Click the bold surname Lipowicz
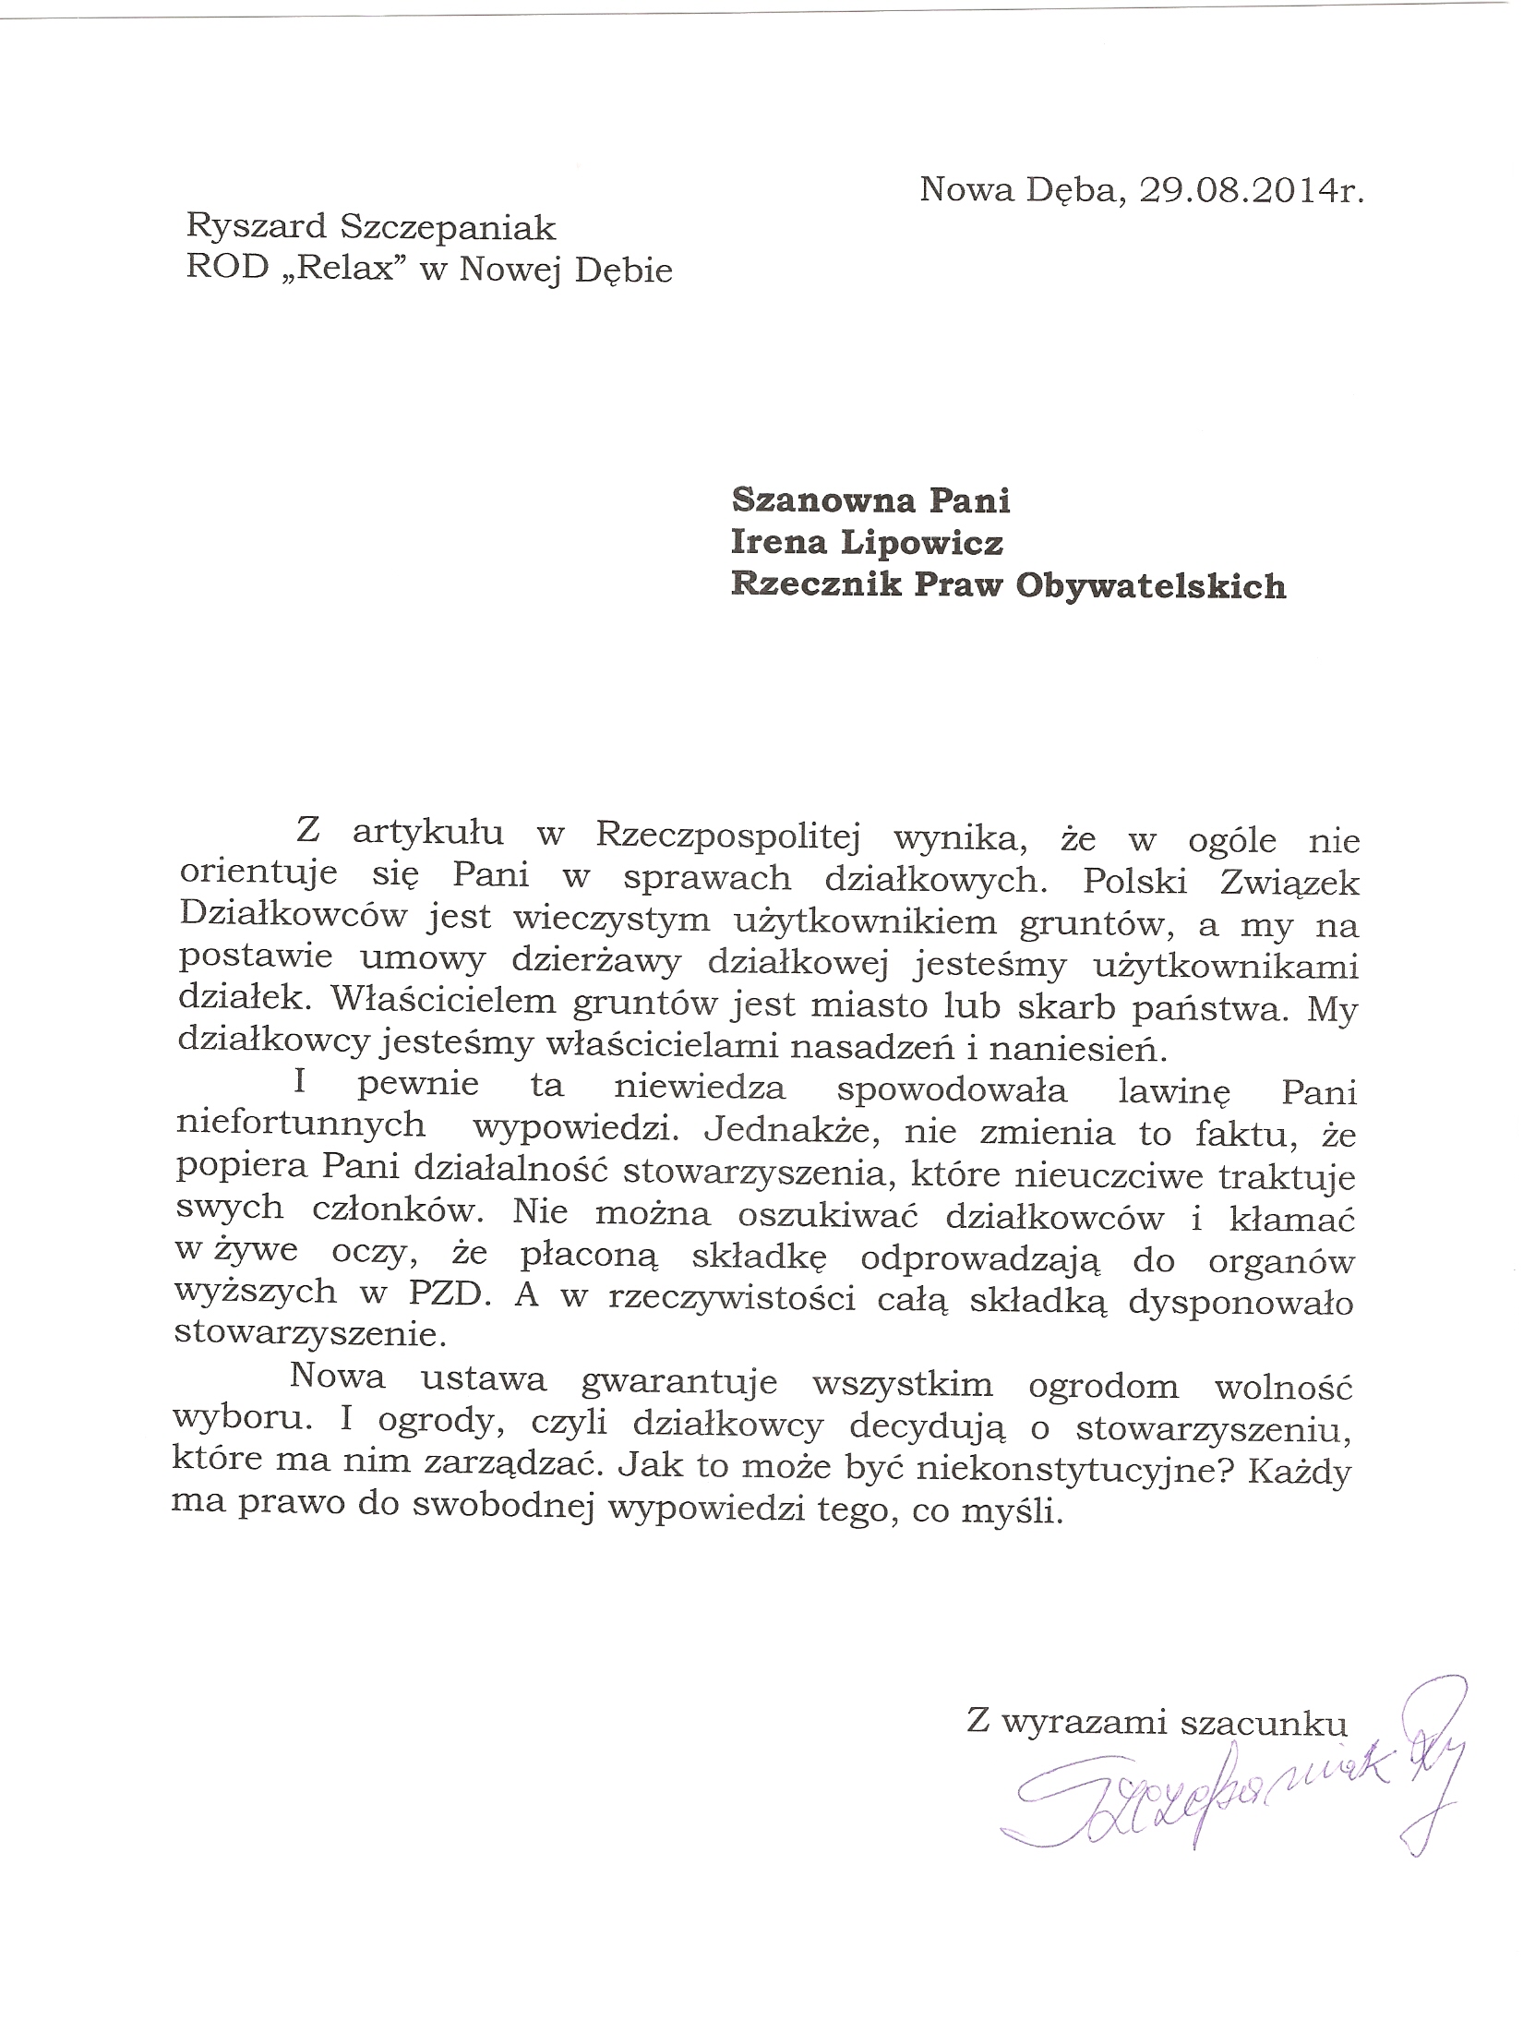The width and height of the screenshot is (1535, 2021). pos(923,543)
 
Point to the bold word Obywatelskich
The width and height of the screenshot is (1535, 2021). pos(1150,586)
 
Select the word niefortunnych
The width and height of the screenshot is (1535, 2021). pos(301,1125)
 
